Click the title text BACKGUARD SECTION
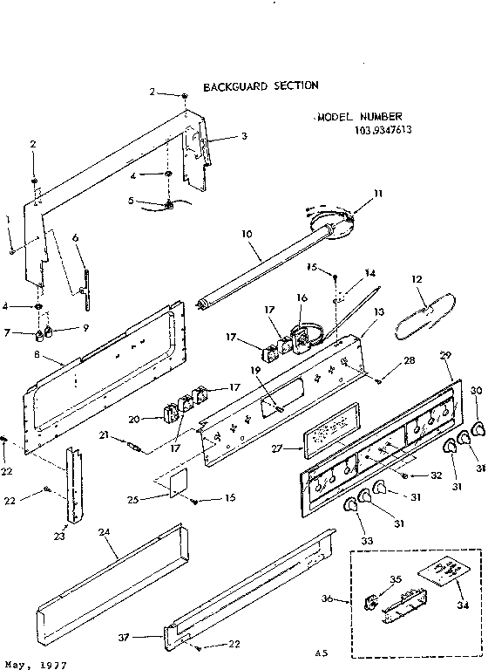pos(261,86)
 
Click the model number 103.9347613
pos(383,131)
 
